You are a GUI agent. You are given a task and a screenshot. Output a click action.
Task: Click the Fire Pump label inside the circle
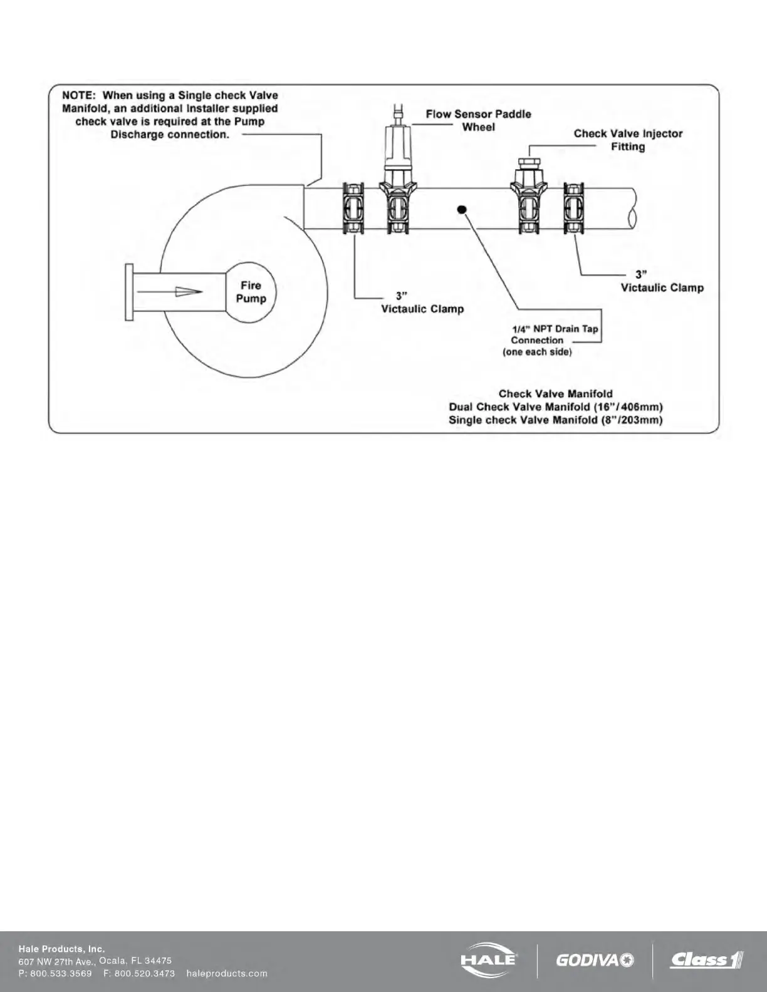(x=251, y=292)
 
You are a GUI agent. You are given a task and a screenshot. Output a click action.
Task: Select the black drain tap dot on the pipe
(x=461, y=209)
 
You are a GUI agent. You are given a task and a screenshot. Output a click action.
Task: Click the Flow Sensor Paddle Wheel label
(x=478, y=120)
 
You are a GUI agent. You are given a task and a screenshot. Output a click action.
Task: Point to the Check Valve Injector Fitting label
(x=628, y=140)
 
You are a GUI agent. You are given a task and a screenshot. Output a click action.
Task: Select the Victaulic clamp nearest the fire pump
(x=353, y=209)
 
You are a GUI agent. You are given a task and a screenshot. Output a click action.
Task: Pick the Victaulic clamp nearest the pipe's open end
(x=574, y=209)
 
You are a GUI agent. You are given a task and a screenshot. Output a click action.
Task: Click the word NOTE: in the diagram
(x=80, y=96)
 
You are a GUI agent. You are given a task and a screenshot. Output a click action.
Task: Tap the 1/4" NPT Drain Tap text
(x=555, y=329)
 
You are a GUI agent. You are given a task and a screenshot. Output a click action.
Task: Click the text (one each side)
(x=537, y=352)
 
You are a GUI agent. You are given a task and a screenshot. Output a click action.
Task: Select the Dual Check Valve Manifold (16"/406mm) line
(x=555, y=407)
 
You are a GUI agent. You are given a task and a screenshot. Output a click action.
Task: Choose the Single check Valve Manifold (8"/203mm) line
(x=555, y=420)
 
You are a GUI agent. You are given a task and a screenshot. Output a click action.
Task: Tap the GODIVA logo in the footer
(x=594, y=960)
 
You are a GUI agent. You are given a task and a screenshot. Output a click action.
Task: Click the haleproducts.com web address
(x=227, y=973)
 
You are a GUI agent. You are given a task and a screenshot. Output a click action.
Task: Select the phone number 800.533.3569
(x=61, y=973)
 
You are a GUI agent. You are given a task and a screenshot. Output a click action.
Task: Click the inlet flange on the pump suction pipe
(x=129, y=292)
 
